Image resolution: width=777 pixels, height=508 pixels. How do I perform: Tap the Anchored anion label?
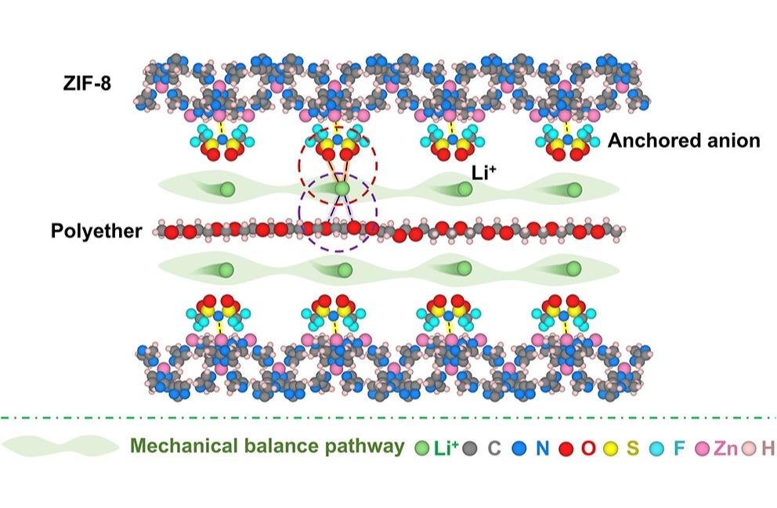coord(683,141)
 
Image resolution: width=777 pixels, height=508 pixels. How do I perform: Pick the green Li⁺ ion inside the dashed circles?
coord(342,189)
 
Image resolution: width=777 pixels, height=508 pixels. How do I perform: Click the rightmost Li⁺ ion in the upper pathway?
coord(574,189)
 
